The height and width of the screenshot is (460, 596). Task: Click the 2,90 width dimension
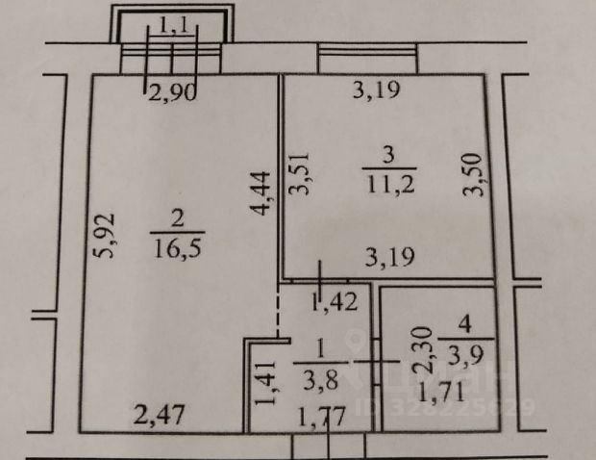(x=169, y=93)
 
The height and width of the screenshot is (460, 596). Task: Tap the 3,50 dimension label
(x=471, y=176)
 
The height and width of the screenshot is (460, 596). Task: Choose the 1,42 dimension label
(x=335, y=301)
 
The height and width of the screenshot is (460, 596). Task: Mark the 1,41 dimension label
(x=260, y=380)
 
